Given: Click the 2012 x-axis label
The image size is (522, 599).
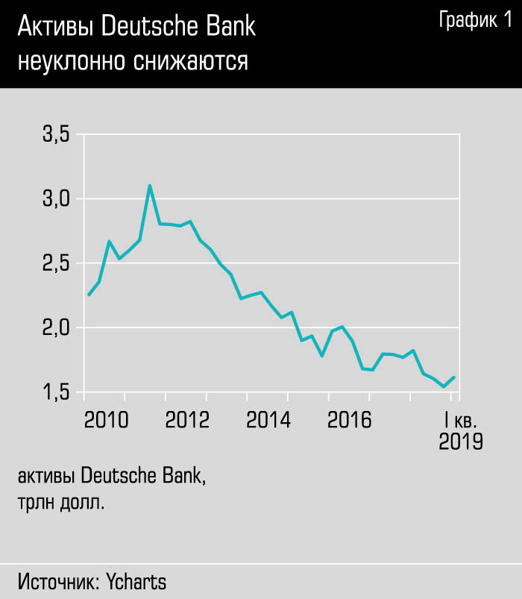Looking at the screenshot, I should coord(187,420).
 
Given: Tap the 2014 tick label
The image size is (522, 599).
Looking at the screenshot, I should coord(268,420).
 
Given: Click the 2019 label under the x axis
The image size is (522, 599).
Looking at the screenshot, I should coord(460,442).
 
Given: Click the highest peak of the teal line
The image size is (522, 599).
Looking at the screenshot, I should coord(150,186).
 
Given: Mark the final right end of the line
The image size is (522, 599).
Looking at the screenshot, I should coord(453,377).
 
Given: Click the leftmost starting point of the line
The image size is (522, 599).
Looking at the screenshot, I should coord(89,295).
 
